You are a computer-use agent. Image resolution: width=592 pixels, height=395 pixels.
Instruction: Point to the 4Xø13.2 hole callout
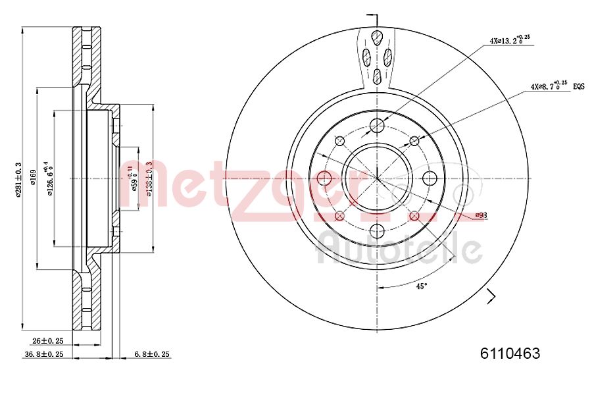coord(509,41)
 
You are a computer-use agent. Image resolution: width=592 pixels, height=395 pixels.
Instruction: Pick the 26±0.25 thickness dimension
coord(47,341)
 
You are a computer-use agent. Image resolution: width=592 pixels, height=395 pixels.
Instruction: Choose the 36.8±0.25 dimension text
coord(43,354)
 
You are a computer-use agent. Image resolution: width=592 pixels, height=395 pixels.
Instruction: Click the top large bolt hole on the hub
coord(377,125)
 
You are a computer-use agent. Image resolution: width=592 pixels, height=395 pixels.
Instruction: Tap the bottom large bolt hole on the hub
coord(377,230)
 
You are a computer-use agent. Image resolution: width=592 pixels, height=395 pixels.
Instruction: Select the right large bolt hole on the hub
coord(430,178)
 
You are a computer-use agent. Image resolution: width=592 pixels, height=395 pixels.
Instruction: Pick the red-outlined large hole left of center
coord(324,178)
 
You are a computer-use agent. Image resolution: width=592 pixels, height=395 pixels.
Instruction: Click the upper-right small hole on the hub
coord(414,141)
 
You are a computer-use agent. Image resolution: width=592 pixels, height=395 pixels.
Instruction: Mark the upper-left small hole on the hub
coord(340,141)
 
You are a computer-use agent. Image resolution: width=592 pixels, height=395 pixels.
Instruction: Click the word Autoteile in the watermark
coord(399,250)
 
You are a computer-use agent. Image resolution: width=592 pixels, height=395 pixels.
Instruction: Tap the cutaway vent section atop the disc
coord(378,56)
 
